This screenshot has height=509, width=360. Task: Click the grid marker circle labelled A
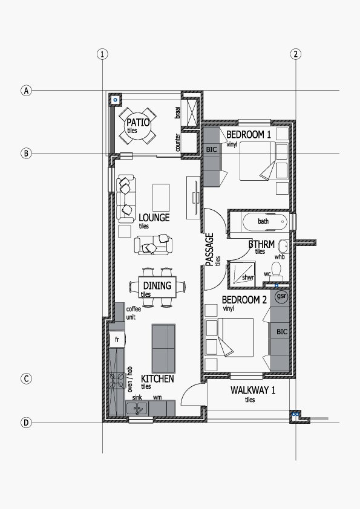click(26, 90)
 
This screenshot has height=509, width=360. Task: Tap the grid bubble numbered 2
click(295, 54)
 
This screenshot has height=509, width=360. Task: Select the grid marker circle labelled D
click(26, 423)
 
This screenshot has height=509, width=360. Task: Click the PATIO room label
click(138, 123)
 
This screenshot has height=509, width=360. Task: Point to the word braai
click(177, 112)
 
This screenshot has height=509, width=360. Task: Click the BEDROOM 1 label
click(249, 134)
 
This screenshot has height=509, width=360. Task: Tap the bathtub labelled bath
click(265, 222)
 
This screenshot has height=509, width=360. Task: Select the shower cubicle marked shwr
click(243, 274)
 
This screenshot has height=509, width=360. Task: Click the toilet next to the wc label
click(276, 271)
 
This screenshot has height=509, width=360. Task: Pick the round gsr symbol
click(281, 296)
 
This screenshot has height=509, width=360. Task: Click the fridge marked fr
click(117, 340)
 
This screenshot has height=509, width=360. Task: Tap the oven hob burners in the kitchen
click(117, 381)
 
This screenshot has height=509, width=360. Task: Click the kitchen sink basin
click(137, 408)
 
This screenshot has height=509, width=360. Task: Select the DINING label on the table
click(157, 286)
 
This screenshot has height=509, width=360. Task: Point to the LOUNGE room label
click(154, 218)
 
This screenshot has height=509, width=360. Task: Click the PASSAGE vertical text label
click(210, 249)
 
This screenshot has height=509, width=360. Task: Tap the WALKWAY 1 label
click(253, 390)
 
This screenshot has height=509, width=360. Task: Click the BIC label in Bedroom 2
click(282, 332)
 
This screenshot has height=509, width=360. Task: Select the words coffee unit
click(133, 313)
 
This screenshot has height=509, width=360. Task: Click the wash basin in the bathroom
click(284, 246)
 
